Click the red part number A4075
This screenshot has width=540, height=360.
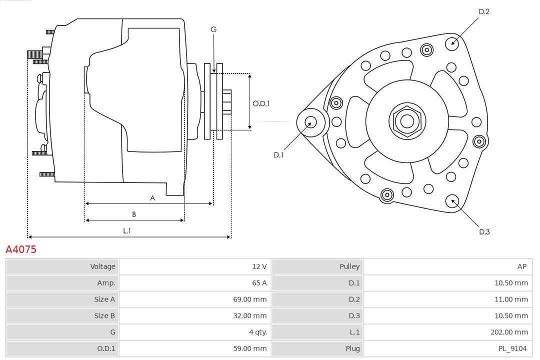pos(21,249)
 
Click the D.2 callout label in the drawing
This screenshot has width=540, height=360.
pos(483,11)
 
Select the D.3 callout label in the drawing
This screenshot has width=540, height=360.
pos(484,231)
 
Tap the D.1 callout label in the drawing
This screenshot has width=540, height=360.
pos(278,155)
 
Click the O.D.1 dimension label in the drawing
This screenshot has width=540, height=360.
pos(261,103)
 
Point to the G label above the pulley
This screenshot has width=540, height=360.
pos(213,29)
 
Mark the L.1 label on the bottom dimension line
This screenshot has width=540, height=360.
pos(127,230)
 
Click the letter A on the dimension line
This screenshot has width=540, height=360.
pos(152,198)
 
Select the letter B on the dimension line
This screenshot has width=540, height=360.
pos(133,214)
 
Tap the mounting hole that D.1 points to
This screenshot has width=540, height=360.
pos(310,121)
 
